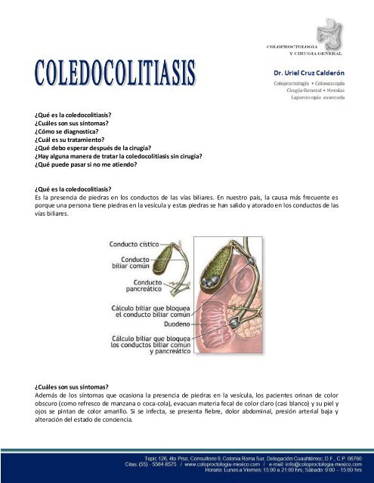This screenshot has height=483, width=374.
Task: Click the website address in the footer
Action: pyautogui.click(x=202, y=463)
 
